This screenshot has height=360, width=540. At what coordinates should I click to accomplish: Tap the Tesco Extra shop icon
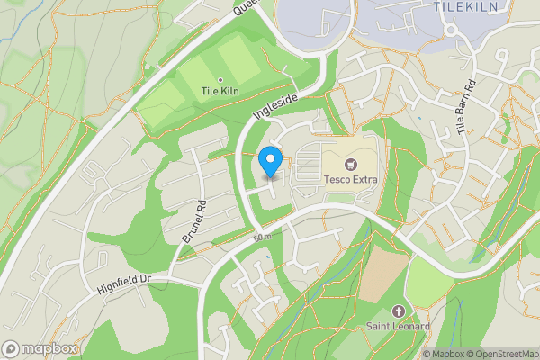(x=351, y=164)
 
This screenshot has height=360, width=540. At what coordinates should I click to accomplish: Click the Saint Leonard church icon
(x=398, y=310)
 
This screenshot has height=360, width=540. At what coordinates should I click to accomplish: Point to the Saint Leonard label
(x=398, y=326)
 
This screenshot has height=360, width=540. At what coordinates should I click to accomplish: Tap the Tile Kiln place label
(x=220, y=91)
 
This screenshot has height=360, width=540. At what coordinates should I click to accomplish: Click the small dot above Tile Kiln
(x=220, y=79)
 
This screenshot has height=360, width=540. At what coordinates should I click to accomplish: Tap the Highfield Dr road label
(x=123, y=284)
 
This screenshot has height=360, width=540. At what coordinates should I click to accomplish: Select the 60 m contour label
(x=262, y=237)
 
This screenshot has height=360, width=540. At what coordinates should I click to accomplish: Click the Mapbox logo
(x=40, y=348)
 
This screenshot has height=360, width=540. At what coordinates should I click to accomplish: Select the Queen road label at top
(x=245, y=8)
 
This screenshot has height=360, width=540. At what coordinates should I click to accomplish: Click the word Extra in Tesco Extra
(x=364, y=180)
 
